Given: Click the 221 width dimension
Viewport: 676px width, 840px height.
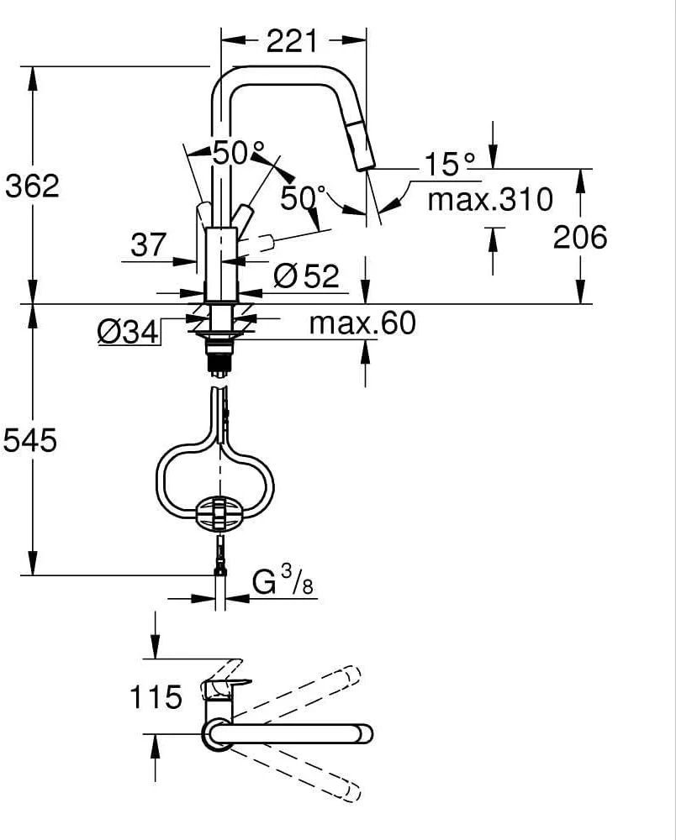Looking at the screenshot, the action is click(x=292, y=40).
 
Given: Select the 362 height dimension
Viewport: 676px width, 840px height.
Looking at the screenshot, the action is click(x=32, y=186).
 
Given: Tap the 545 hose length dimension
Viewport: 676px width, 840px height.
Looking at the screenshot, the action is click(x=30, y=441).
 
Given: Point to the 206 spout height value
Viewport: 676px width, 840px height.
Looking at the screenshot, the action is click(x=580, y=237).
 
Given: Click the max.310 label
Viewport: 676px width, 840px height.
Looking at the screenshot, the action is click(x=490, y=199).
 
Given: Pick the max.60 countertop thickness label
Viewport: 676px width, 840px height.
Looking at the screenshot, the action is click(x=362, y=323).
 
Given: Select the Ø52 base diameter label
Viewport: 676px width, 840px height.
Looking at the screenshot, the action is click(x=307, y=276).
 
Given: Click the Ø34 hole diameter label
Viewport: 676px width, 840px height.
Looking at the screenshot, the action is click(x=128, y=332).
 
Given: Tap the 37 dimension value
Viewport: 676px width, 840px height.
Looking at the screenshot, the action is click(x=149, y=245).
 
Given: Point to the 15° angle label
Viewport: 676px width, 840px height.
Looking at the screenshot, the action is click(x=450, y=164).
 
